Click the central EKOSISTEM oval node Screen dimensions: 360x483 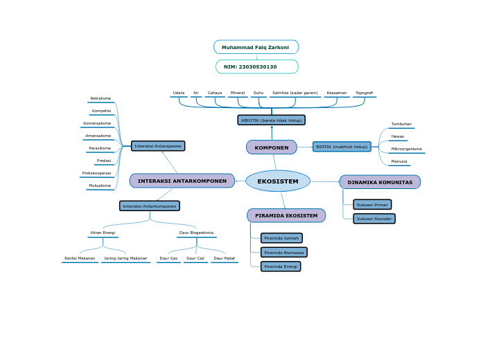[x=278, y=181]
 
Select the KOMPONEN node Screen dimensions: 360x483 [x=272, y=147]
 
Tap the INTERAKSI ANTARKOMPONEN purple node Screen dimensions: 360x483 [x=182, y=181]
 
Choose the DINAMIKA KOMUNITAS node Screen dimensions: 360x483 [x=380, y=182]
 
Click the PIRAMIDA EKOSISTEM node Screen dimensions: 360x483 [x=286, y=215]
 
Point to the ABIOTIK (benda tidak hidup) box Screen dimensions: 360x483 [x=271, y=120]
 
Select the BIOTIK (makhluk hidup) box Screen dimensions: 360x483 [x=342, y=147]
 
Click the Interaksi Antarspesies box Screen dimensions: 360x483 [x=158, y=146]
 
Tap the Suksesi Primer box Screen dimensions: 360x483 [x=372, y=205]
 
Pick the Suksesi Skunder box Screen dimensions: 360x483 [x=374, y=219]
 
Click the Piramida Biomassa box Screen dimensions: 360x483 [x=284, y=253]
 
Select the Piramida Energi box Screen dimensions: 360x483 [x=281, y=267]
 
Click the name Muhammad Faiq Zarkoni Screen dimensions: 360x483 [x=256, y=47]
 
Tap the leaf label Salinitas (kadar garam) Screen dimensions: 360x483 [x=295, y=93]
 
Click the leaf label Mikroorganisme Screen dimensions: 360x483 [x=406, y=149]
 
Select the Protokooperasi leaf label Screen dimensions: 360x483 [x=97, y=173]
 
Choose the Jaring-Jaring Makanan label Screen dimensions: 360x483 [x=125, y=258]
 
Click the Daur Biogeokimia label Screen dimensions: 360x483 [x=196, y=233]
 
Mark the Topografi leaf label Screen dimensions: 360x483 [x=365, y=93]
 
